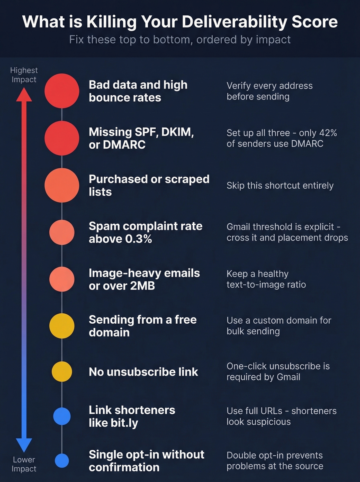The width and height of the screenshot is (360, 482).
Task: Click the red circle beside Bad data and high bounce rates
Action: tap(62, 91)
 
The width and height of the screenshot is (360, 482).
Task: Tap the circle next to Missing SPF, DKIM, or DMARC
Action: tap(62, 138)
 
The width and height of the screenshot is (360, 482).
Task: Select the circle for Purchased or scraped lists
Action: tap(62, 185)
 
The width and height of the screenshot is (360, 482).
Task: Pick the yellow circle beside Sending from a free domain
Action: tap(62, 326)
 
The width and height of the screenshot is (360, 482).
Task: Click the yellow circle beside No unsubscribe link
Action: tap(62, 371)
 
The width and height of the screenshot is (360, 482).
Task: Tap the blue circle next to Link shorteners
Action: tap(62, 416)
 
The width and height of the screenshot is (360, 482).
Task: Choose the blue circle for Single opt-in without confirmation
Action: tap(62, 460)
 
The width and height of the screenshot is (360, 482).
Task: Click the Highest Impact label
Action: tap(24, 75)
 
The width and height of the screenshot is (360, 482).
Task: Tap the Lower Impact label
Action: tap(24, 464)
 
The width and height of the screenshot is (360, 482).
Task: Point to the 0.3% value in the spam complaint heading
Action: tap(139, 239)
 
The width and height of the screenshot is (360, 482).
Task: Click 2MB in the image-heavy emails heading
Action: tap(142, 286)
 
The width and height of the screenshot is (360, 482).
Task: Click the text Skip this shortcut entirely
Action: tap(280, 186)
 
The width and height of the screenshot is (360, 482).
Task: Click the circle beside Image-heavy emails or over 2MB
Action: tap(62, 279)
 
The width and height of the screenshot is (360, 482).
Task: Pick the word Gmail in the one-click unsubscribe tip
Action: tap(288, 377)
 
